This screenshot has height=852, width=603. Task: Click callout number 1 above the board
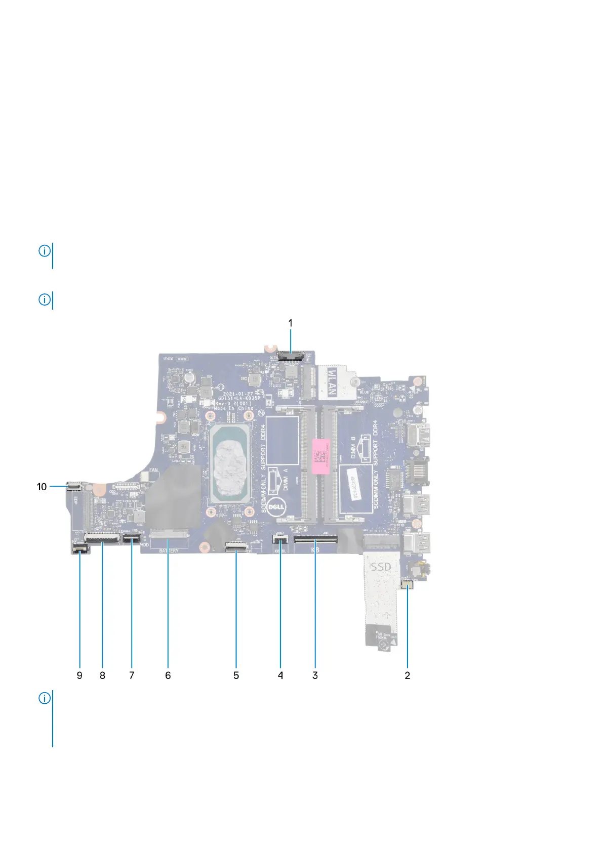point(290,323)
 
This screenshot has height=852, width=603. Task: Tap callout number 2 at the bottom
point(407,675)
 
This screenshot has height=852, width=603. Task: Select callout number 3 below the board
point(315,675)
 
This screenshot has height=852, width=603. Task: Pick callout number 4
point(280,675)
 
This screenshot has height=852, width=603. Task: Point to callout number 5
point(236,675)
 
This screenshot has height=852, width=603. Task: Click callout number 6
point(168,675)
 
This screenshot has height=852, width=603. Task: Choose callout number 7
point(132,675)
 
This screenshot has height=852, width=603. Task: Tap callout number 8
point(102,675)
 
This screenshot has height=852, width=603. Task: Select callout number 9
point(79,675)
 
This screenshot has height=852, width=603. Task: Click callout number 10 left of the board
point(42,487)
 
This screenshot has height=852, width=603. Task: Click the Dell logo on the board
point(277,505)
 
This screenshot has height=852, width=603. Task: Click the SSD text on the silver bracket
point(381,567)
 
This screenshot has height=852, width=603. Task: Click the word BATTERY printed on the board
point(169,550)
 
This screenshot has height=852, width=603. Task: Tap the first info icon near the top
point(45,250)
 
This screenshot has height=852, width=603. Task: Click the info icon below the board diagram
point(45,699)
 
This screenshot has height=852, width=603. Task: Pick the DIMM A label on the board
point(285,480)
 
